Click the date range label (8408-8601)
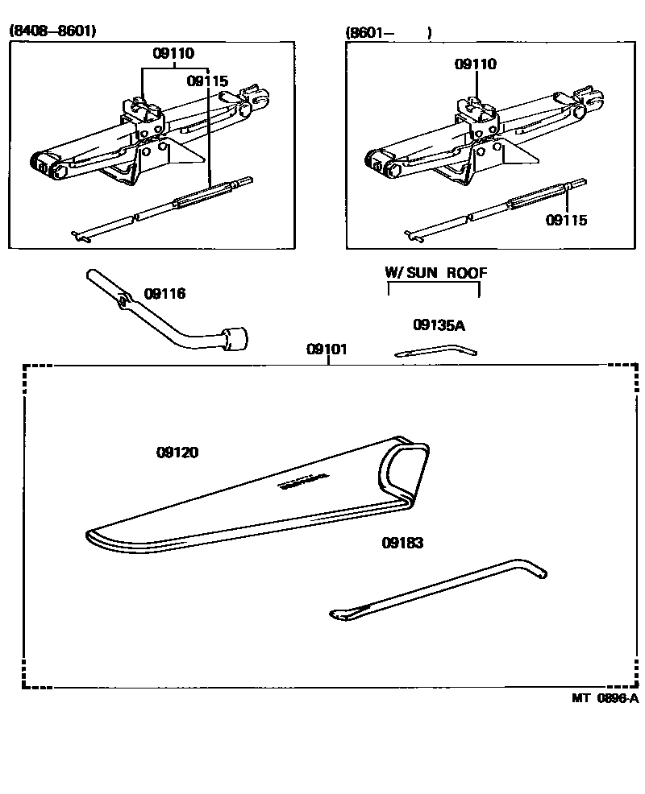(x=52, y=31)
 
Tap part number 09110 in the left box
(x=173, y=54)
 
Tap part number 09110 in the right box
(x=476, y=64)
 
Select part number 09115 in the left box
(x=207, y=81)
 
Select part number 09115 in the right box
(x=567, y=220)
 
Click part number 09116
(x=164, y=294)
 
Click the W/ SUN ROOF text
(x=436, y=273)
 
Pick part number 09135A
(x=439, y=325)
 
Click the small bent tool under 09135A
(x=436, y=349)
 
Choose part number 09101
(x=327, y=349)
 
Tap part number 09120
(x=177, y=453)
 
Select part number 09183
(x=402, y=543)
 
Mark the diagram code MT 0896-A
(x=605, y=698)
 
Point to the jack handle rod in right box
(x=492, y=211)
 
